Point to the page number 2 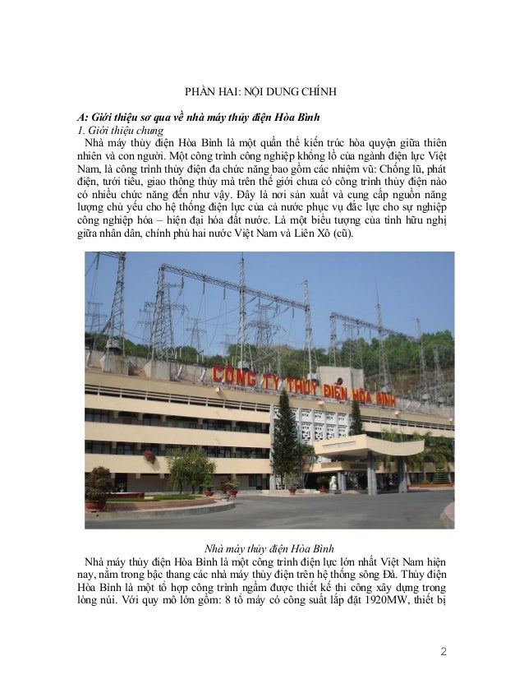click(444, 653)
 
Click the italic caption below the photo click(262, 547)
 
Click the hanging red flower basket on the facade click(149, 455)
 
